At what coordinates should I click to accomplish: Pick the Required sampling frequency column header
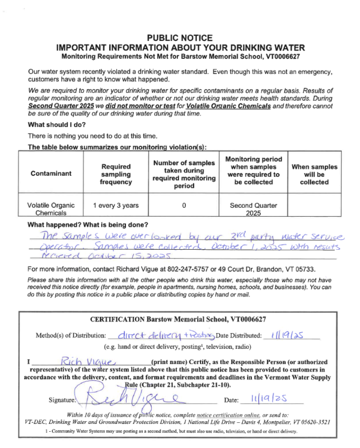116,174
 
